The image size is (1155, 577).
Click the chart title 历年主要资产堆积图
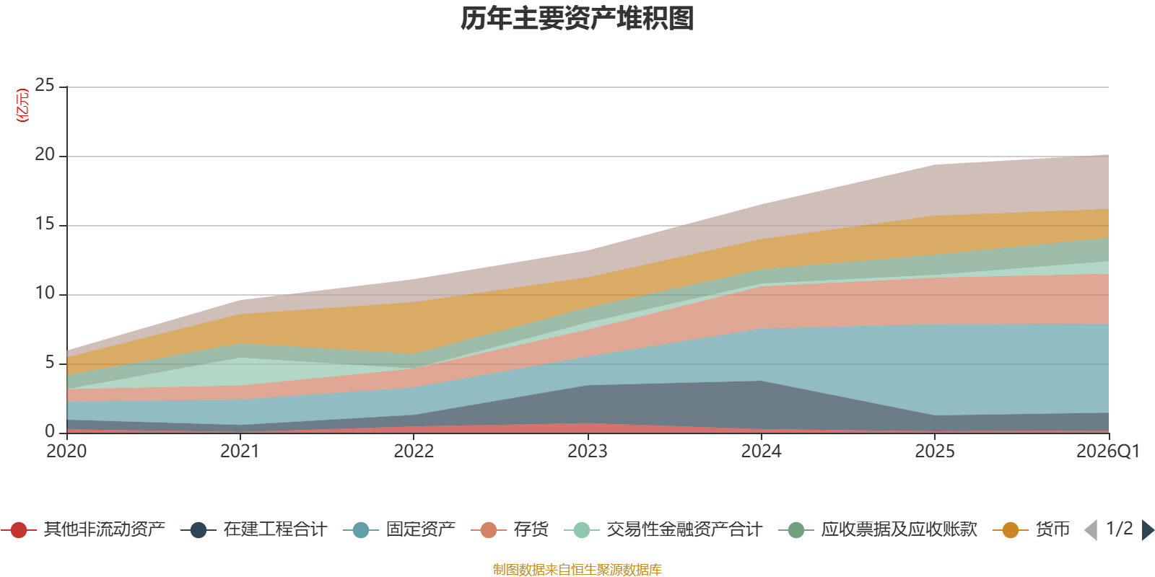pyautogui.click(x=577, y=19)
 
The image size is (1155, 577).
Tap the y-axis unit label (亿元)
pyautogui.click(x=22, y=105)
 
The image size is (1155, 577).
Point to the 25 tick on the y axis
pyautogui.click(x=45, y=86)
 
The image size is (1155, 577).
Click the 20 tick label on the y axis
pyautogui.click(x=45, y=155)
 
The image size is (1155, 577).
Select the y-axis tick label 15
pyautogui.click(x=45, y=224)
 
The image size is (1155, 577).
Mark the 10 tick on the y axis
pyautogui.click(x=45, y=294)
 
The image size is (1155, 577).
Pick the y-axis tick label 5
pyautogui.click(x=49, y=363)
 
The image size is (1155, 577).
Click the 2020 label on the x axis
pyautogui.click(x=66, y=452)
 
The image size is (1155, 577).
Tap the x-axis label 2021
pyautogui.click(x=240, y=452)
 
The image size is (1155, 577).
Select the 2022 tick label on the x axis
pyautogui.click(x=414, y=452)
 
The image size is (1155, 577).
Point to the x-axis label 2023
pyautogui.click(x=587, y=452)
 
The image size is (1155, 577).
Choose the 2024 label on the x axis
pyautogui.click(x=761, y=452)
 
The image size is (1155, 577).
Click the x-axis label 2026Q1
pyautogui.click(x=1107, y=452)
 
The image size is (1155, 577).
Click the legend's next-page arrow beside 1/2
pyautogui.click(x=1147, y=530)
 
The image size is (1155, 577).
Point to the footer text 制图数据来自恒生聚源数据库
pyautogui.click(x=577, y=570)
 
